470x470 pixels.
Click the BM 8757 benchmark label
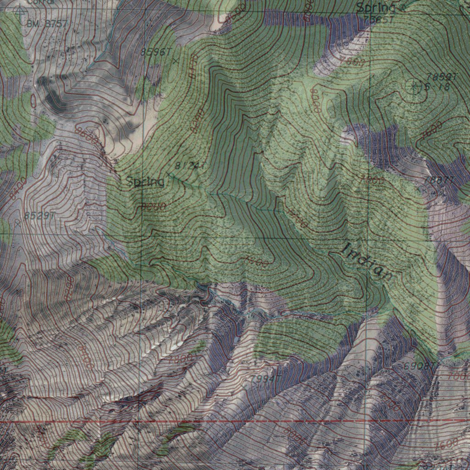pyautogui.click(x=47, y=23)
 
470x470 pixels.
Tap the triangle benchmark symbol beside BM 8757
pyautogui.click(x=19, y=11)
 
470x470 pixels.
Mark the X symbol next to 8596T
pyautogui.click(x=175, y=60)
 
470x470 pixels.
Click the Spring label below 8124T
pyautogui.click(x=145, y=182)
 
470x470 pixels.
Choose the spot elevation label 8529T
pyautogui.click(x=40, y=215)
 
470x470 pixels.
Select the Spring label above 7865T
pyautogui.click(x=375, y=8)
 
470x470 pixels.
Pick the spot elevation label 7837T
pyautogui.click(x=440, y=180)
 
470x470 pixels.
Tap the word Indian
pyautogui.click(x=368, y=262)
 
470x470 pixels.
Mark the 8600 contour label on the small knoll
pyautogui.click(x=87, y=136)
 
